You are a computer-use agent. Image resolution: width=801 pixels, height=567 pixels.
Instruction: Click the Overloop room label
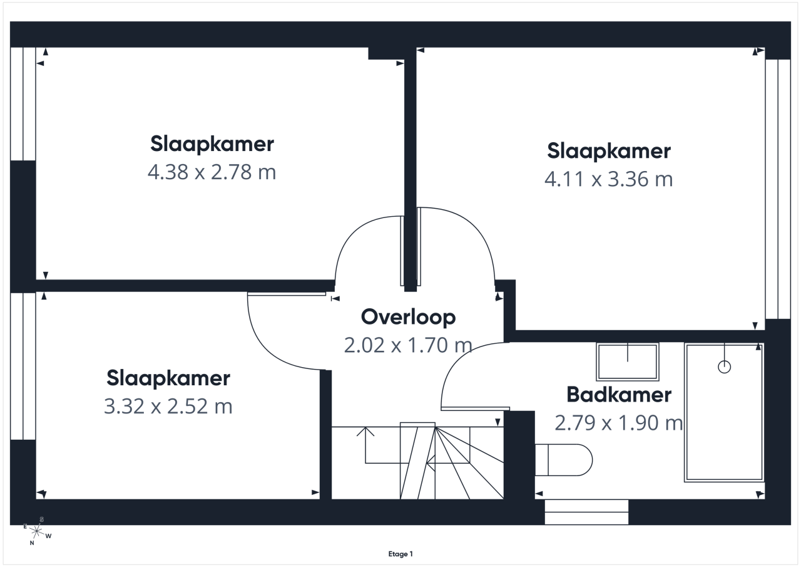coord(408,317)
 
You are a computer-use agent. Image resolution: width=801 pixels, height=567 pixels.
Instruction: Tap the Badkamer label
coord(619,395)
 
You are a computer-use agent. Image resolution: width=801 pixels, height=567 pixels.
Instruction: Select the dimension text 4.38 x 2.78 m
coord(212,172)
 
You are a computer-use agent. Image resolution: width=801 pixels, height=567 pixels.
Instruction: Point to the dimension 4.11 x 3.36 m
coord(608,179)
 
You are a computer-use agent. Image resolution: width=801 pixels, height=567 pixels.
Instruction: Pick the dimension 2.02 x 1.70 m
coord(408,345)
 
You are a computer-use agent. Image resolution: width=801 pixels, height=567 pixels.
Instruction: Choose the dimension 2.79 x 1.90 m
coord(618,423)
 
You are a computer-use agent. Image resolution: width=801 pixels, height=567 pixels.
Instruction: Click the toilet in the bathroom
coord(564,460)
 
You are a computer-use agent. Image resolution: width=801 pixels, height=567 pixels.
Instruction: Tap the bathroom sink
coord(628,362)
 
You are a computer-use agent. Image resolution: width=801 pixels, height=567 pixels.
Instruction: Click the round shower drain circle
coord(725,367)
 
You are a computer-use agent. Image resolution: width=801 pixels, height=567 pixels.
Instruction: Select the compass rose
coord(37,531)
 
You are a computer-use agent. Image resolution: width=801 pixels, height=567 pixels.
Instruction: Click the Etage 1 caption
coord(400,554)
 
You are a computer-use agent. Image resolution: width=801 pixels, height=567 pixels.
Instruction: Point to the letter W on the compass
coord(49,536)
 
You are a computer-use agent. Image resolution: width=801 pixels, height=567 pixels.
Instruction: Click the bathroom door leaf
coord(475,408)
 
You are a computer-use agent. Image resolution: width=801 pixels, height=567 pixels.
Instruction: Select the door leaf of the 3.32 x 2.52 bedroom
coord(287,294)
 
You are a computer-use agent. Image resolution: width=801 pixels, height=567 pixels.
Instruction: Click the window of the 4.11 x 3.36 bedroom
coord(778,189)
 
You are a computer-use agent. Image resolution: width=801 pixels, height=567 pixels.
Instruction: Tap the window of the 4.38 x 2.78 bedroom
coord(23,104)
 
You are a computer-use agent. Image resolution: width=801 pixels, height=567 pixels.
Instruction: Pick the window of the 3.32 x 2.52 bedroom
coord(23,366)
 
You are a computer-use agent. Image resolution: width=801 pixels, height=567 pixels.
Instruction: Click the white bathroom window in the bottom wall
coord(586,512)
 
